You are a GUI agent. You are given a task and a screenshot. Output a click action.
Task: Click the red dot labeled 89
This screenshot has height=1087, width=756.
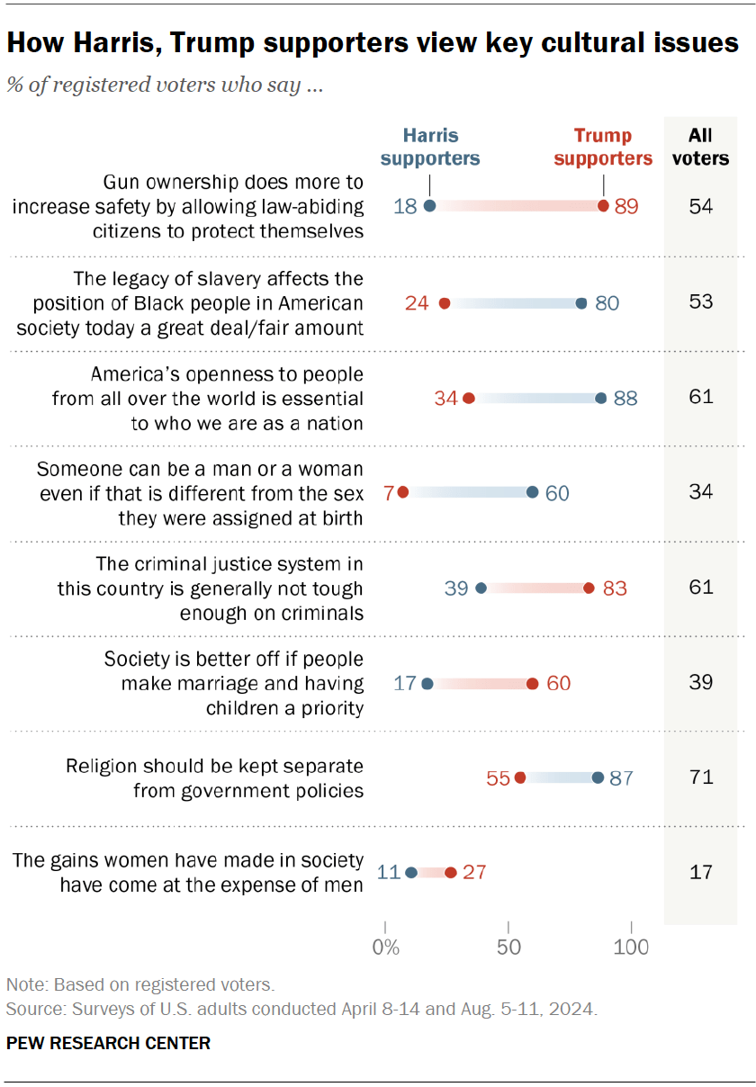(603, 206)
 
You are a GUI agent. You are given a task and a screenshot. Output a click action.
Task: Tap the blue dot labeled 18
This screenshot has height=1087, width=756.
(429, 206)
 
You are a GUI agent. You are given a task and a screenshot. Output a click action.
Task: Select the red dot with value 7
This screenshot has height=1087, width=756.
(402, 492)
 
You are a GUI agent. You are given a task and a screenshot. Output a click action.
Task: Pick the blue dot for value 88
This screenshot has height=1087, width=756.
(600, 397)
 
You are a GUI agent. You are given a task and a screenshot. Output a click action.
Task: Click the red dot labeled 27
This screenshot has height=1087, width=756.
(451, 872)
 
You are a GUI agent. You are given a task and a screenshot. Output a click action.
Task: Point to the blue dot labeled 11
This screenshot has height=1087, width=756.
(411, 872)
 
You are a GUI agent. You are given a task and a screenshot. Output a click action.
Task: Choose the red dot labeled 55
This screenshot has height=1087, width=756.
(519, 777)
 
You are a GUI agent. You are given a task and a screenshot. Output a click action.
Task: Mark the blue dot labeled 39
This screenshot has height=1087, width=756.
(481, 588)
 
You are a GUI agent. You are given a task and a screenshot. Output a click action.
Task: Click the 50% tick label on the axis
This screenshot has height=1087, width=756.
(508, 948)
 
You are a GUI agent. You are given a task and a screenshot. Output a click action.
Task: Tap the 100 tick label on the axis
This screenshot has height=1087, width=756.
(632, 948)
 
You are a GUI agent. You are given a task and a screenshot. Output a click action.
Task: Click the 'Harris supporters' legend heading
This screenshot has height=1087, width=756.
(430, 147)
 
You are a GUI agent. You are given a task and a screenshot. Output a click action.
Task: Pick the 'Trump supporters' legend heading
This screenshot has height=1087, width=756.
(603, 147)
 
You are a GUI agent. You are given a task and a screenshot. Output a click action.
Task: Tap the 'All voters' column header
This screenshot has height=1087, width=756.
(700, 147)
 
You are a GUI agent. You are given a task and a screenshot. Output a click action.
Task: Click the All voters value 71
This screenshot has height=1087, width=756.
(700, 777)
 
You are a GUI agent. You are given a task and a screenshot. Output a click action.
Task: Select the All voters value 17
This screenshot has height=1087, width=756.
(700, 872)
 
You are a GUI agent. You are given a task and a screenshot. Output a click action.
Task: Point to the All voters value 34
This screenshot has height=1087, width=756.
(700, 492)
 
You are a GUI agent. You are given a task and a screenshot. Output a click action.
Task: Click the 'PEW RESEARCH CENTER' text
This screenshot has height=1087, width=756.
(108, 1044)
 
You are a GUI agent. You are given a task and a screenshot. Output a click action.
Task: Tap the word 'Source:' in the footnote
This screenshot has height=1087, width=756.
(31, 1009)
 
